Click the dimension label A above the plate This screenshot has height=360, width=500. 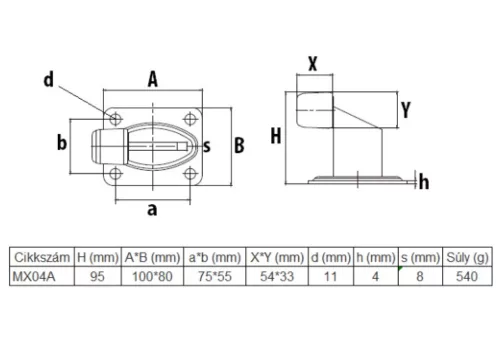coord(153,80)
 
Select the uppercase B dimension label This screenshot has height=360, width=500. coord(239,145)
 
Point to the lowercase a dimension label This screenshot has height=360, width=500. coord(152,210)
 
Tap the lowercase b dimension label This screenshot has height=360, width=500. coord(62,142)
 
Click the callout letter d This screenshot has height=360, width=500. coord(49,80)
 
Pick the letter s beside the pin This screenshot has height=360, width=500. coord(207,146)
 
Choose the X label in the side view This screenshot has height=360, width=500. coord(313,63)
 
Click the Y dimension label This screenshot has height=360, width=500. coord(406,110)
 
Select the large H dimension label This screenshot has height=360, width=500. coord(276,136)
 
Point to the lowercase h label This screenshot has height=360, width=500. coord(424,182)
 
